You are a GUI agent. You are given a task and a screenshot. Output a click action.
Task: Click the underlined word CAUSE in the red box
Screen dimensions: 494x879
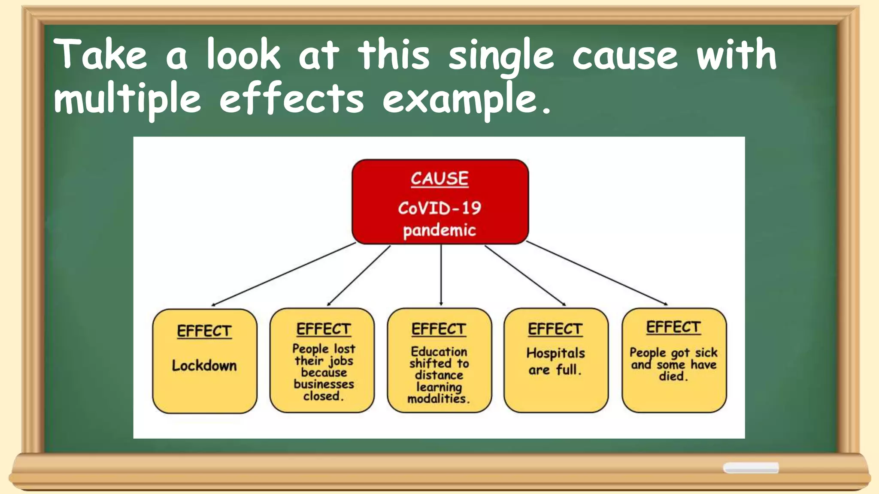click(x=439, y=178)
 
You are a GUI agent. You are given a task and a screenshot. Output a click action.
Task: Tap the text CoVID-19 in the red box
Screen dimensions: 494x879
click(x=439, y=208)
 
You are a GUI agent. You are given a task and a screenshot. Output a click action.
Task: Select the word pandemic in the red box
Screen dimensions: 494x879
click(x=439, y=230)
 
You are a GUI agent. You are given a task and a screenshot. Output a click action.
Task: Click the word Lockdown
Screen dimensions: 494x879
click(x=204, y=365)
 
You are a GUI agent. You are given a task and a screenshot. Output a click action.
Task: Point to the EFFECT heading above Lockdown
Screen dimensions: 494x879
click(x=204, y=331)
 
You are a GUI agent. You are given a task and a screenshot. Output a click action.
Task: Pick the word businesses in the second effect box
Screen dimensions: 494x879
click(x=324, y=384)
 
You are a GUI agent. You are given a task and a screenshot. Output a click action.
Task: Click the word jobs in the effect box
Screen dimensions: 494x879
click(x=341, y=361)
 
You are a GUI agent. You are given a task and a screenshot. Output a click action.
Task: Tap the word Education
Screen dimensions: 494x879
click(x=439, y=352)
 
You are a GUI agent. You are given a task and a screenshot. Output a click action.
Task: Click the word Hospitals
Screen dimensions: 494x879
click(x=556, y=353)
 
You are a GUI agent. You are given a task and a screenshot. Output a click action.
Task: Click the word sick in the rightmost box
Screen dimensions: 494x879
click(x=706, y=352)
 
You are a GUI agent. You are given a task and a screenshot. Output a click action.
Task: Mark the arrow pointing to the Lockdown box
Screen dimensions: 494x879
click(x=283, y=274)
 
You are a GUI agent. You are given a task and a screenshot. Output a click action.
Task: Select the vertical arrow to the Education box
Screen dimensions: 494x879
click(x=441, y=274)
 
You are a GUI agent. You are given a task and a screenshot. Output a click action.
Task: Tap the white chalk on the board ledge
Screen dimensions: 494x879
click(x=751, y=467)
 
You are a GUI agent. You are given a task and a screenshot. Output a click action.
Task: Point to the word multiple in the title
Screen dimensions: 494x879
click(x=127, y=99)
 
